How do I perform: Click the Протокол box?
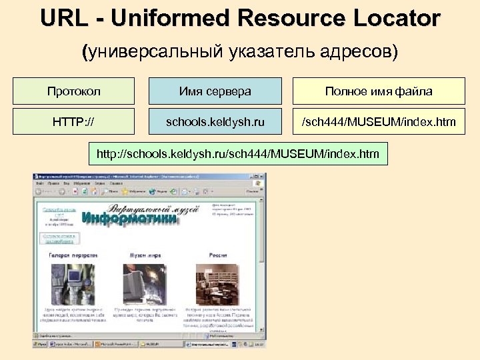(x=73, y=91)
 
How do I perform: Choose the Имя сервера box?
(x=215, y=91)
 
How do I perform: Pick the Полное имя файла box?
(x=379, y=91)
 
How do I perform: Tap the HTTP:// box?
(x=73, y=122)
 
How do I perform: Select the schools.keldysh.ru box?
(x=215, y=122)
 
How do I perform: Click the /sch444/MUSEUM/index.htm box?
(x=379, y=122)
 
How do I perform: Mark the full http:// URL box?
(x=238, y=155)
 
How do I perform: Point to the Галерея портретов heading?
(x=73, y=255)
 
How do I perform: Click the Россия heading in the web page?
(x=217, y=255)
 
